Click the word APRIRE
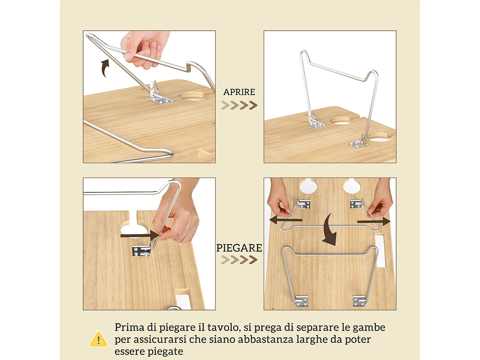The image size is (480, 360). coord(239,92)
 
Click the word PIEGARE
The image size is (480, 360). coord(239,248)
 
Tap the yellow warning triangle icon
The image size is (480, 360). coord(99,340)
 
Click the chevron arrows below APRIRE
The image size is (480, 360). coord(239,105)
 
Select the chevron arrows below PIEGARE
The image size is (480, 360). coord(239,260)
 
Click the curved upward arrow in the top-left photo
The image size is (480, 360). coord(105,68)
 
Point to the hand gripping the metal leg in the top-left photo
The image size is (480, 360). coord(144,48)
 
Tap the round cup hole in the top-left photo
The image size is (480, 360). coord(191,96)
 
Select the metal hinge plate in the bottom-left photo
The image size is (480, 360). coord(141,251)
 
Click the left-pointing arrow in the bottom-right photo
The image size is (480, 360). coord(285,220)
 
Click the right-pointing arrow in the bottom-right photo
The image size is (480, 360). coord(374,221)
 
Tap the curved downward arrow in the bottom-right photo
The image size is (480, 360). coord(329,230)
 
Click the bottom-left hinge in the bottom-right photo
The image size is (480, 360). coord(301,301)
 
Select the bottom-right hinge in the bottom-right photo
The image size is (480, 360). coord(359,301)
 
